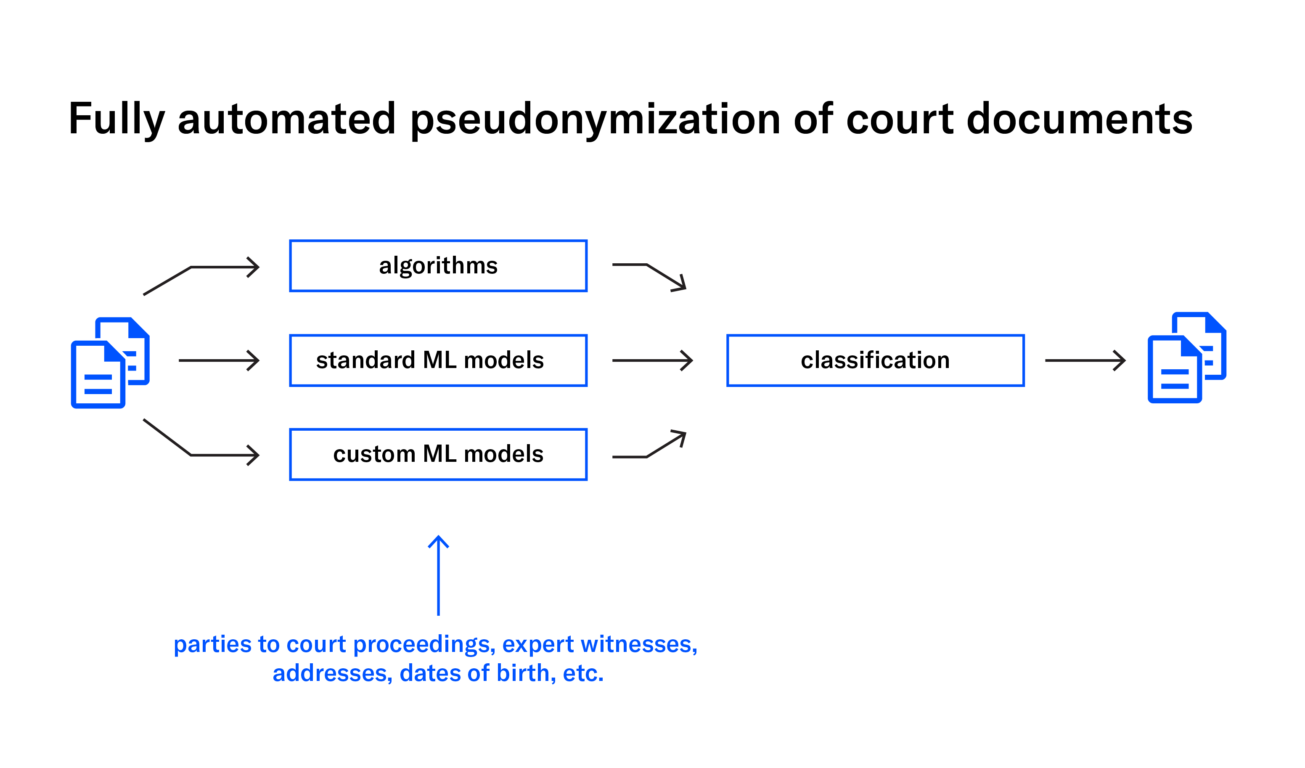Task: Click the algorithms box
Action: (x=438, y=266)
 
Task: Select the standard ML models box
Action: (x=438, y=360)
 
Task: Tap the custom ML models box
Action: (x=438, y=455)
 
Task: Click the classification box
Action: (x=875, y=360)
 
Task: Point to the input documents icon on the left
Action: (x=110, y=363)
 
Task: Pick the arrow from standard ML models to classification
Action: (x=651, y=360)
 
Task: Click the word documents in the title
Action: (x=1079, y=119)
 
